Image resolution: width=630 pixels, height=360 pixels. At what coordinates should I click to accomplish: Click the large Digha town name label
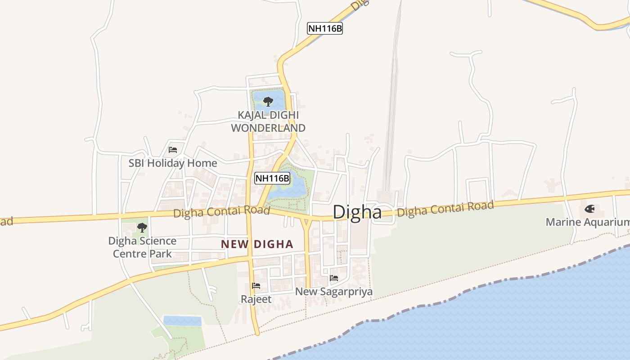coord(357,212)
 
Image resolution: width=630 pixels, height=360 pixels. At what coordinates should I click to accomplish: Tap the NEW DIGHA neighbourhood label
coord(257,244)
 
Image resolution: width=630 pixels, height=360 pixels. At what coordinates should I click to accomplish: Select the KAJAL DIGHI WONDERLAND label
coord(268,121)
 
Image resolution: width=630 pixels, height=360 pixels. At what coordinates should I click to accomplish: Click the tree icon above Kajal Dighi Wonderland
coord(268,101)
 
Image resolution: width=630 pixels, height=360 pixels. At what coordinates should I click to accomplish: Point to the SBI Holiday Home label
coord(173,163)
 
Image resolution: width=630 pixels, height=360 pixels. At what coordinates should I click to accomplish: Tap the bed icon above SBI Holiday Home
coord(173,150)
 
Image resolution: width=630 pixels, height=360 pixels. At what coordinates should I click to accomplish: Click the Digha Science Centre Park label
coord(142,247)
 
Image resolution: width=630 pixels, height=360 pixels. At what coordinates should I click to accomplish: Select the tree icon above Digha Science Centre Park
coord(142,227)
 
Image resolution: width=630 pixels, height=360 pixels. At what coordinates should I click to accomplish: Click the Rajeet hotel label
coord(256,299)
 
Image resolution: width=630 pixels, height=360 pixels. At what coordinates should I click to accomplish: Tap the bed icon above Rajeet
coord(256,286)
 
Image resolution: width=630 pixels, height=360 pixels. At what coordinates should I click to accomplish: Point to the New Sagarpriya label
coord(334,292)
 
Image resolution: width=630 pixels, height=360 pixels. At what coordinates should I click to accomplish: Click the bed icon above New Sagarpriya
coord(334,278)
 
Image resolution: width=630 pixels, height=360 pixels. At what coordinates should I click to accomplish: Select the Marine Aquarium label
coord(587,222)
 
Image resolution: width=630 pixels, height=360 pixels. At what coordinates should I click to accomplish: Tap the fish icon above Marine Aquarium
coord(589,209)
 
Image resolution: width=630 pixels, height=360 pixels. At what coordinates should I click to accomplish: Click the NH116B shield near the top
coord(325,28)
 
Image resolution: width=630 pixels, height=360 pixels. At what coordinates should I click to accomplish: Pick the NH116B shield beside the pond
coord(272,178)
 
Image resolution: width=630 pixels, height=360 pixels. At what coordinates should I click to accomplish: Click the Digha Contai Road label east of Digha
coord(445,209)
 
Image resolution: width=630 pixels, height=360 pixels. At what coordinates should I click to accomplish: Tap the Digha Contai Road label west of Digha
coord(221,212)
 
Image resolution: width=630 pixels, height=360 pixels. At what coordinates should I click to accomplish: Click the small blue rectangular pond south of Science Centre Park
coord(182,321)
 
